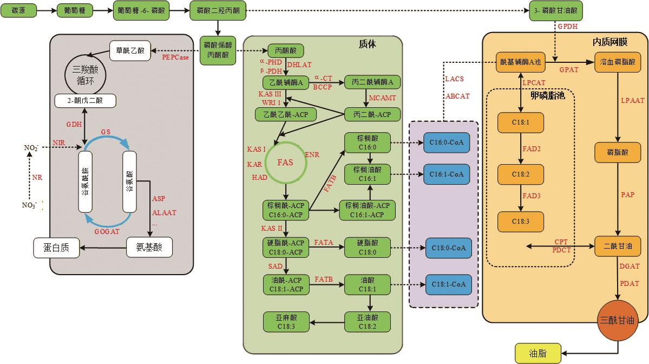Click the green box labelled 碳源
tap(21, 11)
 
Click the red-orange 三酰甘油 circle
tap(617, 321)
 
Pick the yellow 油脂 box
tap(537, 354)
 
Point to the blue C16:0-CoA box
tap(447, 142)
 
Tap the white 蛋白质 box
tap(56, 248)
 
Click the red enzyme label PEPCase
tap(175, 57)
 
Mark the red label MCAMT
tap(383, 97)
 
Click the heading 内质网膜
tap(610, 42)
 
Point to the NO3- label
tap(29, 205)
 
